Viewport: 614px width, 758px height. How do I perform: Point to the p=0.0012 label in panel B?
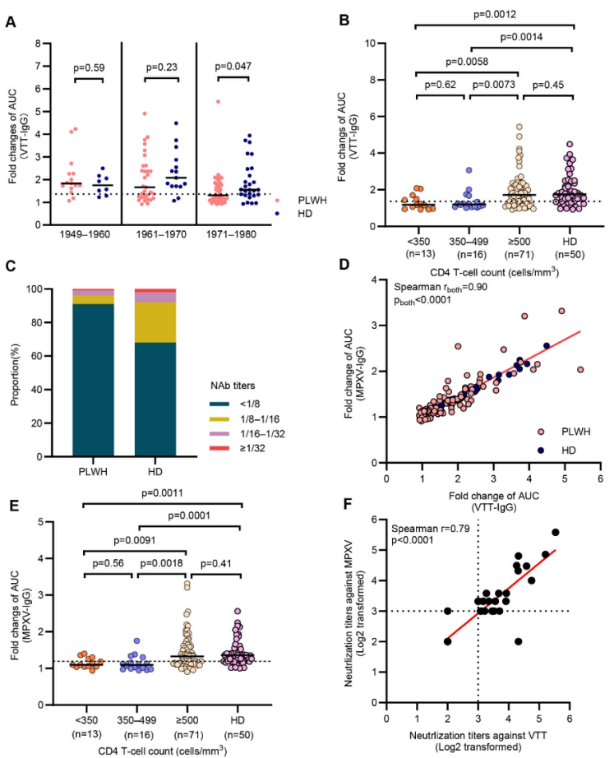pos(496,14)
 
